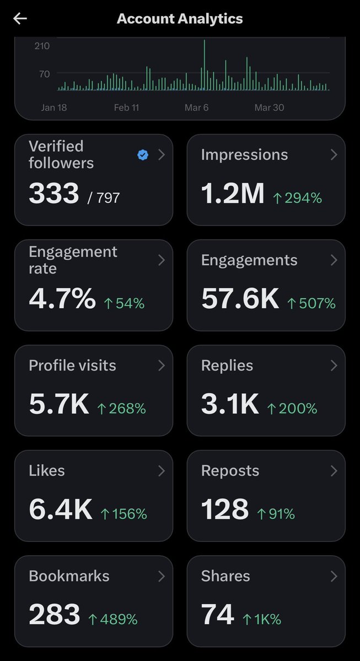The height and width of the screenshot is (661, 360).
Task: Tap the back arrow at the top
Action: pyautogui.click(x=20, y=19)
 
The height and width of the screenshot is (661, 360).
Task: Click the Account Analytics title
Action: pyautogui.click(x=180, y=19)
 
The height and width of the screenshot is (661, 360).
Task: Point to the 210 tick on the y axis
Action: pyautogui.click(x=42, y=46)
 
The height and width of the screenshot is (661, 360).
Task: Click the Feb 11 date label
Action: pyautogui.click(x=126, y=108)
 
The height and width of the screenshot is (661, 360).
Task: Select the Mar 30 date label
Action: pyautogui.click(x=269, y=108)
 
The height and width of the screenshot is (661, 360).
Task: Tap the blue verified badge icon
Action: pyautogui.click(x=143, y=155)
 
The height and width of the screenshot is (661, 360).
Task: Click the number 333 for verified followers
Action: pyautogui.click(x=54, y=194)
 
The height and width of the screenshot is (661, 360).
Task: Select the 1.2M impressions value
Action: pyautogui.click(x=233, y=194)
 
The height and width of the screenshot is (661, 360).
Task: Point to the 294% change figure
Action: pyautogui.click(x=298, y=198)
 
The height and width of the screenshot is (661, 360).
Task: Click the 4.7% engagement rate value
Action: pyautogui.click(x=62, y=299)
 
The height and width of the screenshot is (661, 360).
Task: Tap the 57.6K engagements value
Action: pyautogui.click(x=240, y=299)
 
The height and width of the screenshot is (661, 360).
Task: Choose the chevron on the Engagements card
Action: pyautogui.click(x=334, y=260)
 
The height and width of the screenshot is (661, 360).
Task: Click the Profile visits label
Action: pyautogui.click(x=72, y=366)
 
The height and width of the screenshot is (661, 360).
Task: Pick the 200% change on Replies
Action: pyautogui.click(x=292, y=409)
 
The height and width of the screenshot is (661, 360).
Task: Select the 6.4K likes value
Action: pyautogui.click(x=61, y=510)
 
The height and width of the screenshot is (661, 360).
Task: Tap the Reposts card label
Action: pyautogui.click(x=230, y=471)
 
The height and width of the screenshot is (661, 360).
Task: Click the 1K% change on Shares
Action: pyautogui.click(x=262, y=619)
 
